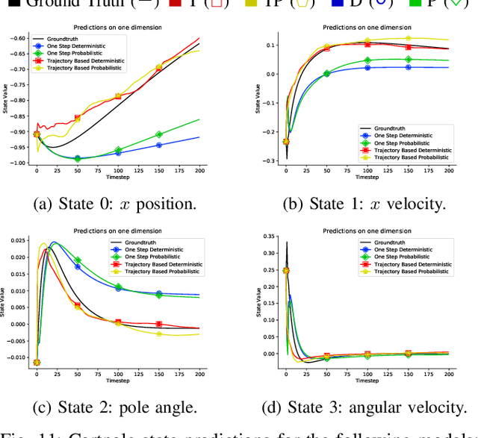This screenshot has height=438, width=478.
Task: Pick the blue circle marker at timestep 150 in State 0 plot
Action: point(158,145)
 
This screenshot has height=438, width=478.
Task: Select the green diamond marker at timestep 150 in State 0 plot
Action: point(158,134)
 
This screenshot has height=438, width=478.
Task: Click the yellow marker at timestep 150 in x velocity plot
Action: point(408,38)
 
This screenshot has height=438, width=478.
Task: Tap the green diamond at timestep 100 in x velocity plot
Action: point(367,60)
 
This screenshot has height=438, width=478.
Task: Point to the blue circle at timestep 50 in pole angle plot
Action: point(78,266)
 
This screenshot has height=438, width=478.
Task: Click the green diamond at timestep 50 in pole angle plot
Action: point(78,260)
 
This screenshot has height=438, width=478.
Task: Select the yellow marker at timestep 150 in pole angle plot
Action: point(158,334)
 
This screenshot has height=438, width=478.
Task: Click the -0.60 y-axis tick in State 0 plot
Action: point(19,38)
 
